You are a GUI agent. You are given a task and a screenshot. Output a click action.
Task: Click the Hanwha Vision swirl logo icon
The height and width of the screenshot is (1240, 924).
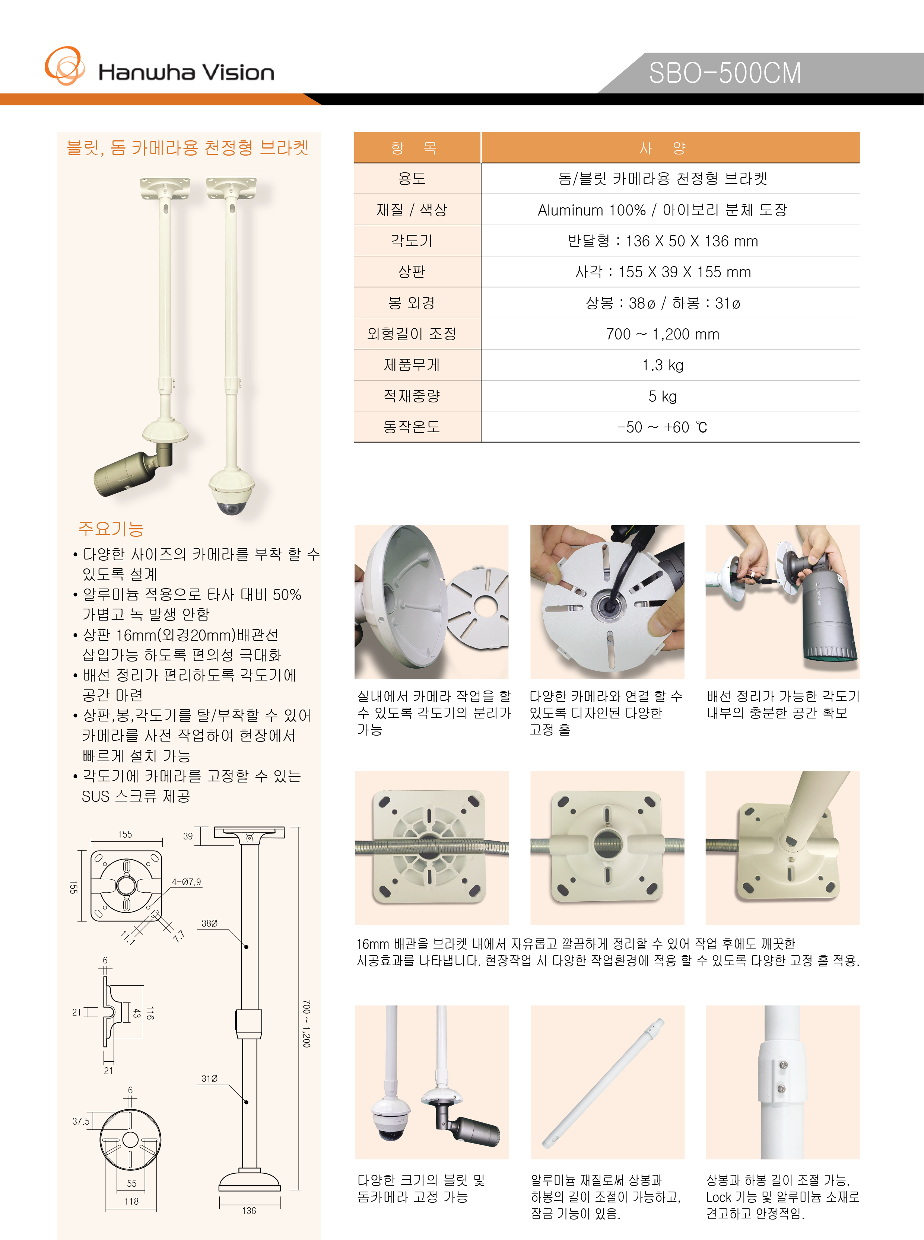click(64, 66)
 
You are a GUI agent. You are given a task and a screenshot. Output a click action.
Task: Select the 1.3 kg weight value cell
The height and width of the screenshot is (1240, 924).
click(663, 366)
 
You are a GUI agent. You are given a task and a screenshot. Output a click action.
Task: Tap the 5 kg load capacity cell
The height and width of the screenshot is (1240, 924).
click(663, 396)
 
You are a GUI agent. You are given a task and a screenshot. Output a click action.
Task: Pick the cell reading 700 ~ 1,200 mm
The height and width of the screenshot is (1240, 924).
click(663, 334)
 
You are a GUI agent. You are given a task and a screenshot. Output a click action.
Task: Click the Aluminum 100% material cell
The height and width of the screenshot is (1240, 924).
click(663, 210)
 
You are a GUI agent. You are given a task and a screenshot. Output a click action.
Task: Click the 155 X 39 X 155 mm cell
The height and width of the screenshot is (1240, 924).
click(663, 272)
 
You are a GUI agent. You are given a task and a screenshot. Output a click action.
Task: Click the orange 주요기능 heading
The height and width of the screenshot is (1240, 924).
click(111, 528)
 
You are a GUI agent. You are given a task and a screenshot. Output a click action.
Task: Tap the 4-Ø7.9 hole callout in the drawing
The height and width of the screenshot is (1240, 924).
click(186, 882)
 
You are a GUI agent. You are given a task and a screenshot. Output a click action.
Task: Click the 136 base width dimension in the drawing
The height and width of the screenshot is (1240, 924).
click(249, 1210)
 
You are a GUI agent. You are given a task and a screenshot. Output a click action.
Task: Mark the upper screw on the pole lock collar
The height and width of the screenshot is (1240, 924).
click(782, 1067)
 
